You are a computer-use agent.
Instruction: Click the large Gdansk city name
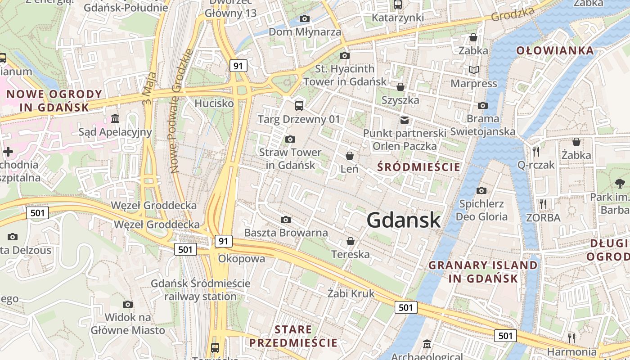click(x=404, y=220)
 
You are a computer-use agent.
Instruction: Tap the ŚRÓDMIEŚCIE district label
click(x=419, y=167)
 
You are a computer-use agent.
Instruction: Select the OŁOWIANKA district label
click(x=555, y=50)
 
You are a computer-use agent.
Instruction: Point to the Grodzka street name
click(x=512, y=14)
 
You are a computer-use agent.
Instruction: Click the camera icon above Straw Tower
click(x=290, y=139)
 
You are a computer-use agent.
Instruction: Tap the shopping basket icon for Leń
click(x=350, y=156)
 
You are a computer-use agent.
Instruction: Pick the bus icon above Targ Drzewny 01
click(x=299, y=106)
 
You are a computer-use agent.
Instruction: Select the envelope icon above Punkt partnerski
click(x=405, y=120)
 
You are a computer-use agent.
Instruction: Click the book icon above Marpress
click(x=473, y=70)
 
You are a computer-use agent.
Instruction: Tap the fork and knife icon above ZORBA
click(x=543, y=204)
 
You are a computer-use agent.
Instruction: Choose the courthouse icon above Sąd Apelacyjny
click(x=115, y=119)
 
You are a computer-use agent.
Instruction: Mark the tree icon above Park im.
click(x=620, y=183)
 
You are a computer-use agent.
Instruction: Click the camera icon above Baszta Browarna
click(x=286, y=220)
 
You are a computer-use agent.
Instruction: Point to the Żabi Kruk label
click(x=351, y=294)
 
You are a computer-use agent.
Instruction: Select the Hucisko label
click(x=214, y=103)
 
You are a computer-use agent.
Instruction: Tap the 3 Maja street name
click(x=149, y=89)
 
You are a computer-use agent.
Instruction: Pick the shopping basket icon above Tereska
click(x=351, y=241)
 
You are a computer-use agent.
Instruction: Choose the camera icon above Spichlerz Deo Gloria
click(x=481, y=190)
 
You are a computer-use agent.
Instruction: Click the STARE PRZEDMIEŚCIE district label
click(x=293, y=336)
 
